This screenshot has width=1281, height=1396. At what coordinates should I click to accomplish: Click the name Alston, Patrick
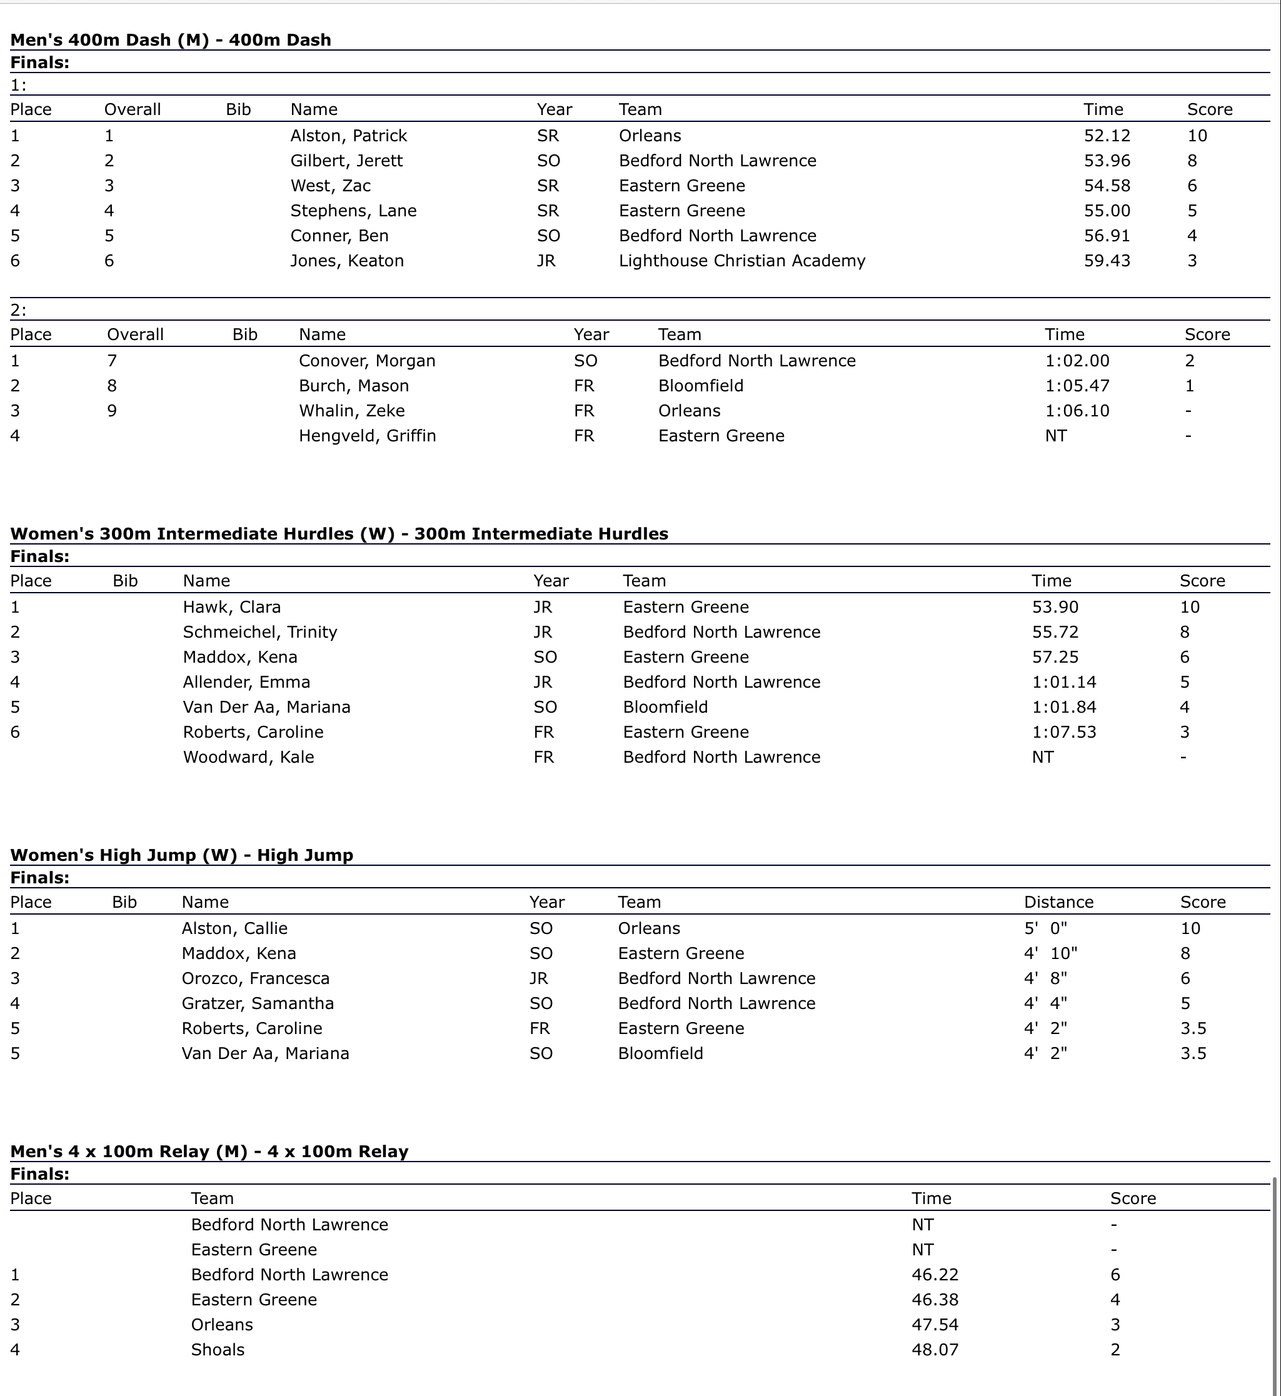point(348,136)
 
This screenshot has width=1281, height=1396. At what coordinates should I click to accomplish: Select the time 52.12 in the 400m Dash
point(1107,136)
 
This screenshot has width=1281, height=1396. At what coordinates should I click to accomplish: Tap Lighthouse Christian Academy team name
point(741,261)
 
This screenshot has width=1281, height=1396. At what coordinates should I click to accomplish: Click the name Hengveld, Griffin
point(367,436)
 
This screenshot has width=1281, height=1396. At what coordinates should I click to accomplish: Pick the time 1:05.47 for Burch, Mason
point(1077,386)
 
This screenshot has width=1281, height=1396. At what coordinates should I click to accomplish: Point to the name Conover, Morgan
point(367,361)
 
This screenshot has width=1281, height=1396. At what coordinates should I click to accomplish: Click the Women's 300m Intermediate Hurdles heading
point(339,534)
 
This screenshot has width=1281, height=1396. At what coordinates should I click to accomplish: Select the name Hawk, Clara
point(231,607)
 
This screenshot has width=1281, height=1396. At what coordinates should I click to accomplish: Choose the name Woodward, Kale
point(248,757)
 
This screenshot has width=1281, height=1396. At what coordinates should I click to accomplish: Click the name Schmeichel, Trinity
point(259,632)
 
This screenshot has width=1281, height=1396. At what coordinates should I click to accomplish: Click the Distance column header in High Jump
point(1058,901)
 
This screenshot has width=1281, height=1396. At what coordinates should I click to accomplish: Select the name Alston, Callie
point(234,928)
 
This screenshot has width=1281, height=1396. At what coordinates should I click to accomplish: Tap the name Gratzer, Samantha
point(257,1003)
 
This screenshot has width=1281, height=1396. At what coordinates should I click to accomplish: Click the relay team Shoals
point(218,1350)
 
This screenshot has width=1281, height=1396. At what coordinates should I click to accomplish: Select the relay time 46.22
point(935,1275)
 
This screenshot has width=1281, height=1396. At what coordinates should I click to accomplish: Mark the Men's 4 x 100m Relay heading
point(209,1152)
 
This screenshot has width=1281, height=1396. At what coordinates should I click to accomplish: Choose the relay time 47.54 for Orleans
point(935,1325)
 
